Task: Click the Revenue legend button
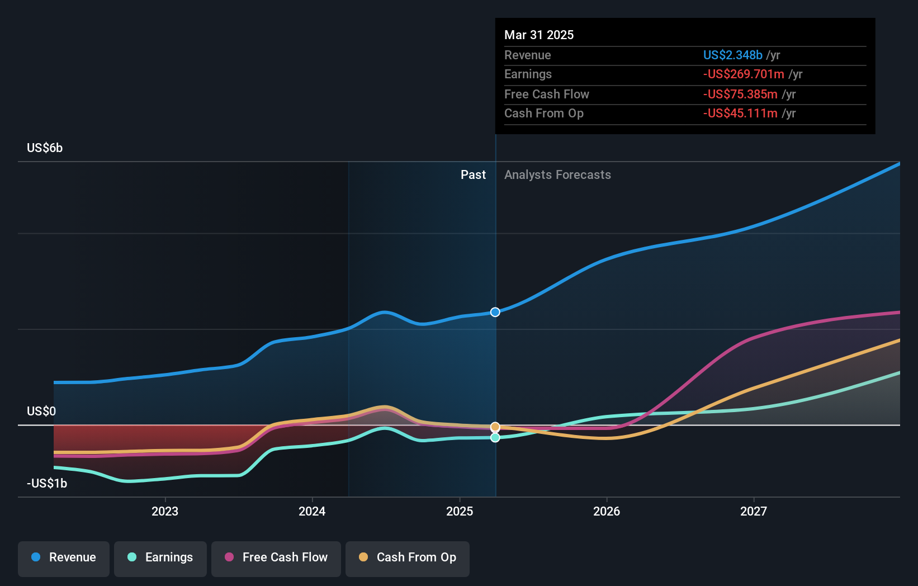(64, 557)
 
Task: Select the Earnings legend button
(160, 557)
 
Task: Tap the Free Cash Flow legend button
(276, 557)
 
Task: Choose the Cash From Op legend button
(408, 557)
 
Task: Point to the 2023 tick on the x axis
(165, 511)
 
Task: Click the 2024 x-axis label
(312, 511)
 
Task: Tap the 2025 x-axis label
(460, 511)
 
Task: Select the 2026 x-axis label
(607, 511)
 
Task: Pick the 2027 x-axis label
(754, 511)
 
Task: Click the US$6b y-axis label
(45, 148)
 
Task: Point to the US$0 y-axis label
(41, 412)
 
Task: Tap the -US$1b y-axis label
(47, 484)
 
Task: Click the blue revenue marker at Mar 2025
(495, 312)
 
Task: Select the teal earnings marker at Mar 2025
(495, 438)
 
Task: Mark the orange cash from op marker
(495, 427)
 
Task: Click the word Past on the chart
(473, 175)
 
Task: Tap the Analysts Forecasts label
(557, 175)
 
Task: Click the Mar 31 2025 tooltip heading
(539, 35)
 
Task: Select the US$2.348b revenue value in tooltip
(732, 55)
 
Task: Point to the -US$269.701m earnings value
(744, 74)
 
